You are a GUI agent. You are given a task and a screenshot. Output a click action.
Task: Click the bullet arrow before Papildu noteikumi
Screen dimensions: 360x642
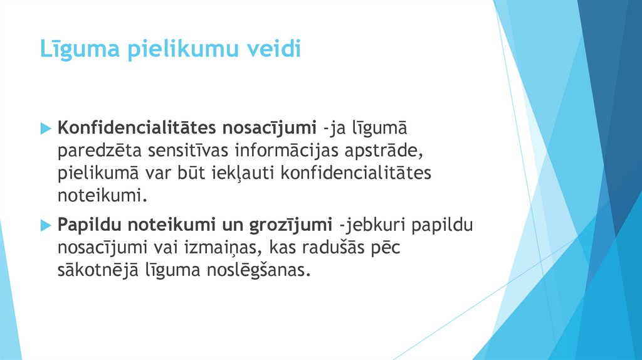(45, 225)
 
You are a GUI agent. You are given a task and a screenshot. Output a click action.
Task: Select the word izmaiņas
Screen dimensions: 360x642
(231, 247)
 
